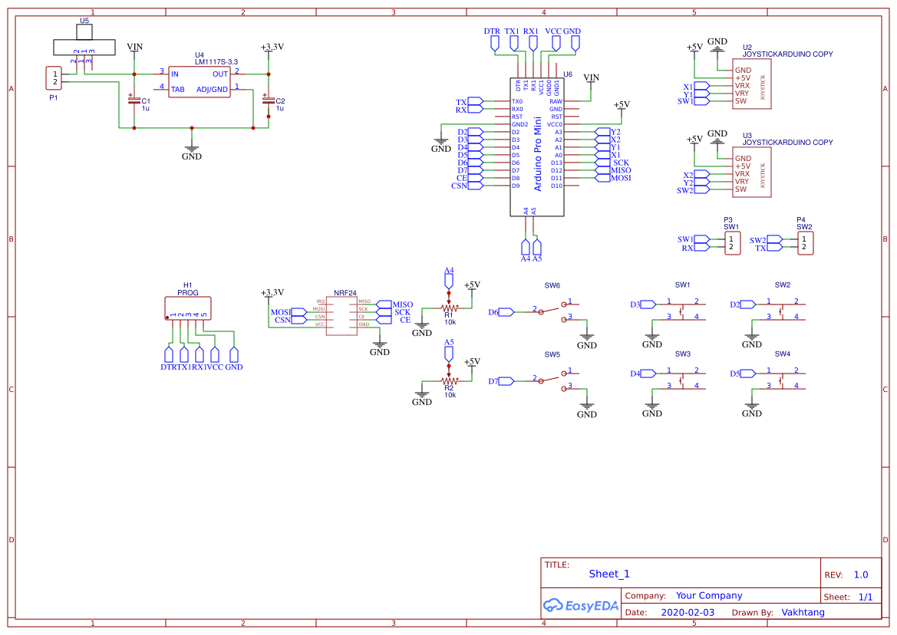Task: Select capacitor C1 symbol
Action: click(x=134, y=100)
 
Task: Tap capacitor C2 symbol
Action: click(x=268, y=100)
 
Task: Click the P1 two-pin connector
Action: click(x=54, y=77)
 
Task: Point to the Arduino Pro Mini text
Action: click(x=537, y=153)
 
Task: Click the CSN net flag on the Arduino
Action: click(x=475, y=186)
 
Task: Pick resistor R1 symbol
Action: click(x=449, y=307)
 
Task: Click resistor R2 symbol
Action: click(x=449, y=380)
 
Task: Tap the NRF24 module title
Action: click(x=345, y=294)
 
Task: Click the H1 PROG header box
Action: click(x=188, y=308)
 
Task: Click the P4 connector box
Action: click(x=803, y=244)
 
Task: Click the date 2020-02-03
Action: click(x=688, y=613)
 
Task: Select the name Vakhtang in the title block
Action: click(x=803, y=613)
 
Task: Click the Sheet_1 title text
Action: click(x=609, y=574)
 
